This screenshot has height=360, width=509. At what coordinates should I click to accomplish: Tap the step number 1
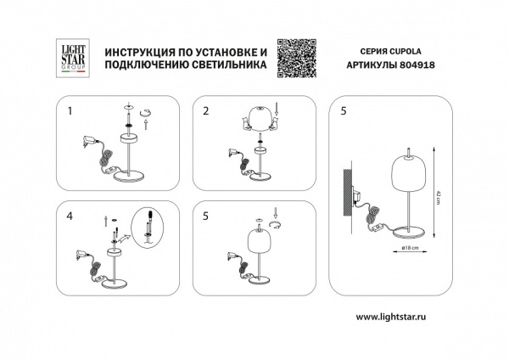(71, 111)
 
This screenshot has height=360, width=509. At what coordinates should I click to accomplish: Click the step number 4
(71, 217)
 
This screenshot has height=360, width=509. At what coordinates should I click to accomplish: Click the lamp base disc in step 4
(116, 284)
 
